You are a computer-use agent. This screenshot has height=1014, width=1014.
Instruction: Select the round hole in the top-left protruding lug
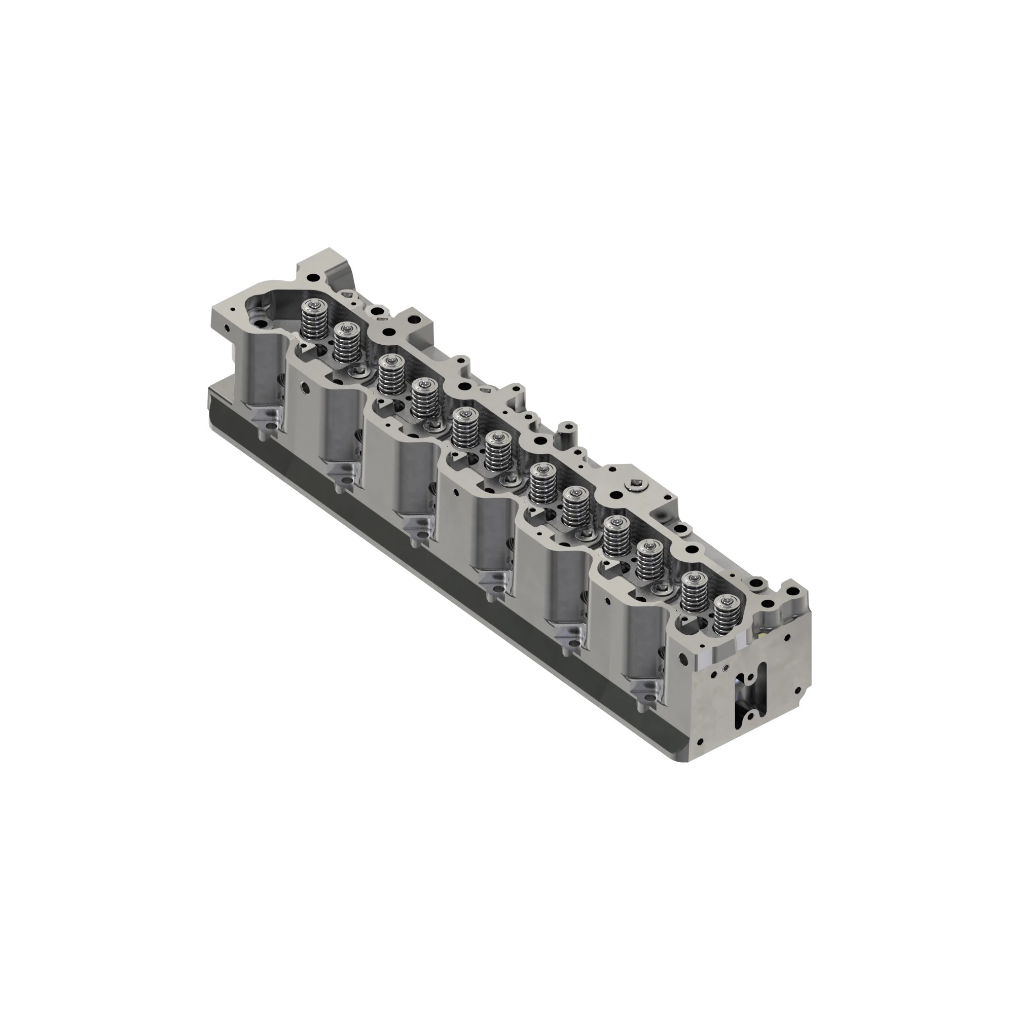pos(313,277)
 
